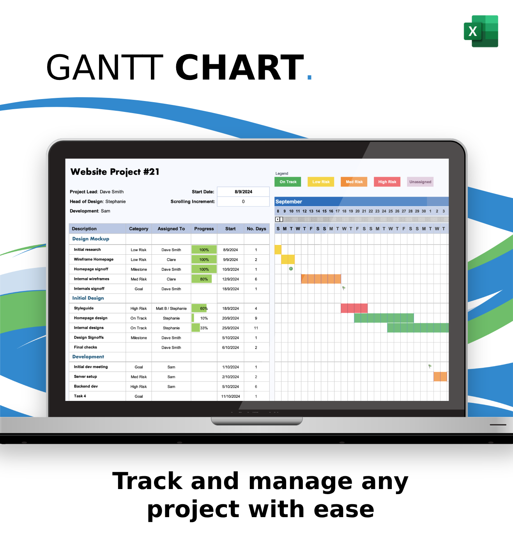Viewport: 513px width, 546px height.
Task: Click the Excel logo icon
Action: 481,31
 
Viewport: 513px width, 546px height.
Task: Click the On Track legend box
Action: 288,182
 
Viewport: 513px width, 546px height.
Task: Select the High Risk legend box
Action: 387,182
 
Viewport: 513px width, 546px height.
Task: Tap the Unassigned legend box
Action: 420,182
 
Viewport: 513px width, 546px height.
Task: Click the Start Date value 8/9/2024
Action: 243,191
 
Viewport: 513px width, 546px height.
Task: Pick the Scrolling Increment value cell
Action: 243,202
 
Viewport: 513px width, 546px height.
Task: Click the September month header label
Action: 289,202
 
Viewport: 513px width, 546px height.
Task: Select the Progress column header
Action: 204,229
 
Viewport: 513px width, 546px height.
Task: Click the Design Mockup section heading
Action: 90,239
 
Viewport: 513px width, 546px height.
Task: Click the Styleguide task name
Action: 84,308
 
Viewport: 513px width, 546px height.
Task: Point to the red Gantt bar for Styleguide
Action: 354,308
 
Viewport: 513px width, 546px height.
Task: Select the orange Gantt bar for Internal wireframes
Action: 321,279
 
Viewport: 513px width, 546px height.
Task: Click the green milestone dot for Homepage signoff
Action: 291,269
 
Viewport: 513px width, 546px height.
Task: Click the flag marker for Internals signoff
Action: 344,288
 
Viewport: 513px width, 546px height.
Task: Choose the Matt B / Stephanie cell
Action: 171,308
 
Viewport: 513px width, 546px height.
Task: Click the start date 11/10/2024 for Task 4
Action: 230,396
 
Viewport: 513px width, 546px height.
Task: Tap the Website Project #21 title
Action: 115,172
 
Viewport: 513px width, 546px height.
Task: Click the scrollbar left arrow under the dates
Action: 277,219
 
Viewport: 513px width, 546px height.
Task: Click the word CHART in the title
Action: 239,68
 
